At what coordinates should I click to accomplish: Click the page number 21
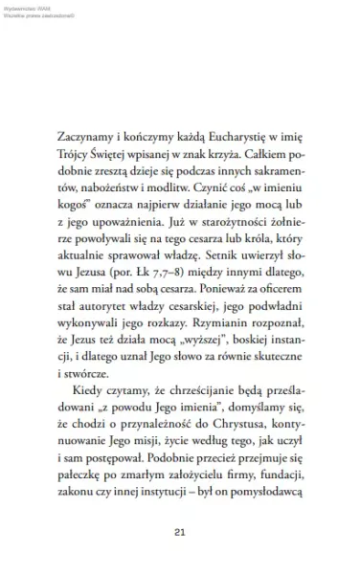click(180, 532)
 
